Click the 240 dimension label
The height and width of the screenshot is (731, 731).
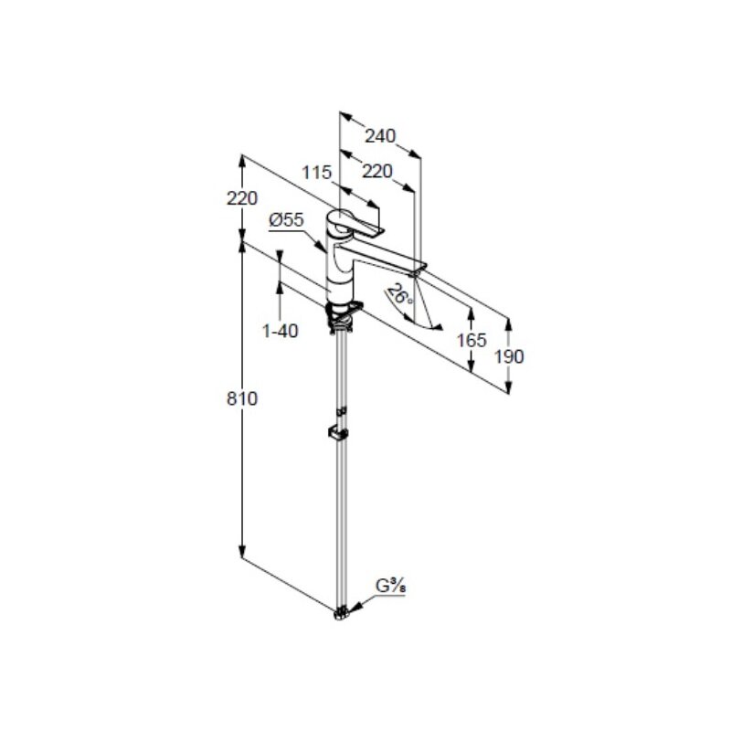[380, 135]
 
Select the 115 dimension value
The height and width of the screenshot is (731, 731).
[316, 173]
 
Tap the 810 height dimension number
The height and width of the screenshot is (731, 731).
[242, 399]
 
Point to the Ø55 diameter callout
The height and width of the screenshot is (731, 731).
[286, 219]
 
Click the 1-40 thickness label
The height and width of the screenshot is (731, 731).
[281, 331]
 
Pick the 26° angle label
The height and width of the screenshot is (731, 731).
[400, 294]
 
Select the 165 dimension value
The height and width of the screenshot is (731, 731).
[471, 340]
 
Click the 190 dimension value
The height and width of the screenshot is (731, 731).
[509, 356]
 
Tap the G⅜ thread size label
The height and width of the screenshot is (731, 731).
[391, 586]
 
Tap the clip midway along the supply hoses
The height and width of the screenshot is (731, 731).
[338, 432]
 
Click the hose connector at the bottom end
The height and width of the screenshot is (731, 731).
[342, 613]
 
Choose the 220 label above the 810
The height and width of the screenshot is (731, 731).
[242, 198]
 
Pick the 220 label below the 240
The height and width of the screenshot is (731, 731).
[377, 172]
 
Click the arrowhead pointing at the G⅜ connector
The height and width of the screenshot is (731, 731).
[355, 607]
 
